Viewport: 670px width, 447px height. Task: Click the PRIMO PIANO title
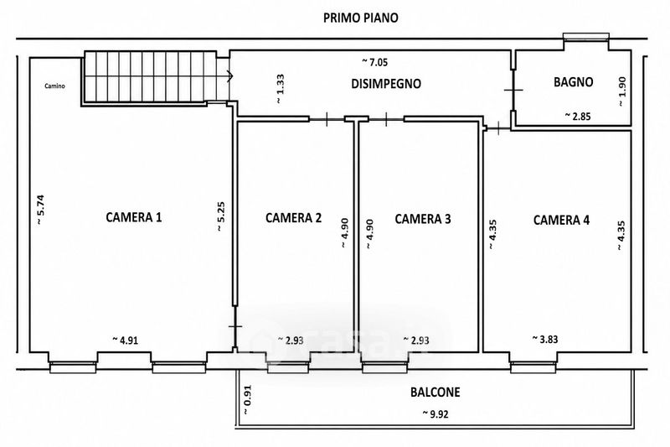[x=361, y=18]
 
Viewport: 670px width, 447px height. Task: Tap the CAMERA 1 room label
[x=134, y=217]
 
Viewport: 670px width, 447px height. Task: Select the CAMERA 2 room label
[x=294, y=218]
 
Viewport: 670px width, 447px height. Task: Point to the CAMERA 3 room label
[x=423, y=219]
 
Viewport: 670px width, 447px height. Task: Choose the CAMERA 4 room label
[x=561, y=220]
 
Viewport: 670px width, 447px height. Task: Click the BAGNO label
[x=574, y=81]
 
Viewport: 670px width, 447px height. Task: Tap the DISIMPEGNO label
[x=386, y=83]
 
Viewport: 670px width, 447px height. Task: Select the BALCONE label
[x=435, y=392]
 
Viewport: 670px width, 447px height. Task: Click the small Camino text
[x=55, y=86]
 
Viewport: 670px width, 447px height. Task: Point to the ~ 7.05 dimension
[x=375, y=62]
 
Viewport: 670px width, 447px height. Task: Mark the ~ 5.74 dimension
[x=39, y=210]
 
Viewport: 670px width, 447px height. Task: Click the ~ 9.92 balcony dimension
[x=435, y=413]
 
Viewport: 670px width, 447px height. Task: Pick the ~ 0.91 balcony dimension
[x=247, y=400]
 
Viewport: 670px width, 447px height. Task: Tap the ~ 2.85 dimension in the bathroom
[x=578, y=116]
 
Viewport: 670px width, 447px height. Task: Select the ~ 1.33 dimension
[x=280, y=89]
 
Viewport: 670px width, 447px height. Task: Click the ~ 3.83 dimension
[x=545, y=339]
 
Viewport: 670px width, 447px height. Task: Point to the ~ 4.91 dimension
[x=125, y=340]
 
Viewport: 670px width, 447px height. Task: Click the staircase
[x=151, y=77]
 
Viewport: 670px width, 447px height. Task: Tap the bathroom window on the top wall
[x=585, y=36]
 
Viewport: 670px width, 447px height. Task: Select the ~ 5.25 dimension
[x=221, y=216]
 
